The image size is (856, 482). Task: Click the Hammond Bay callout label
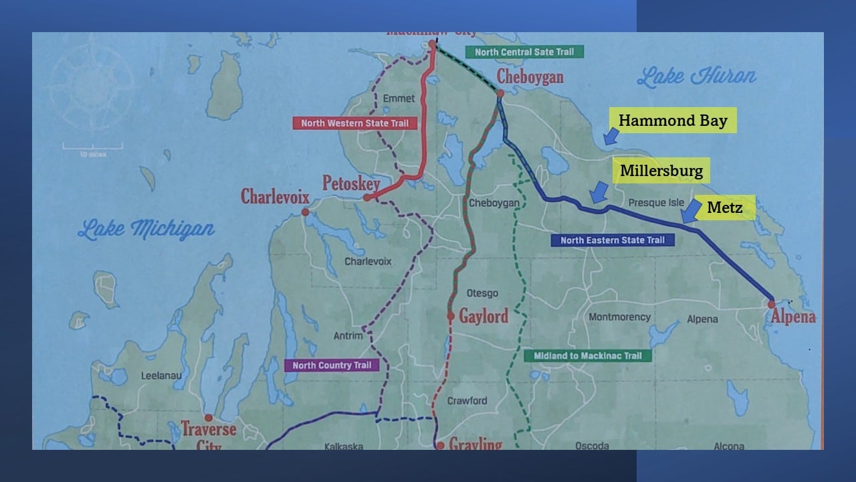[x=672, y=120]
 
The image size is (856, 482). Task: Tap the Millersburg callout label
[x=661, y=171]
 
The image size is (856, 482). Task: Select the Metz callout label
[x=724, y=208]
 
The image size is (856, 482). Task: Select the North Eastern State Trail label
[x=612, y=240]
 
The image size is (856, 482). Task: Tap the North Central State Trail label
[x=524, y=52]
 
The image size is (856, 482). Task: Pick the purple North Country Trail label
[x=332, y=365]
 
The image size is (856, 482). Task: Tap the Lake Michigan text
[x=146, y=230]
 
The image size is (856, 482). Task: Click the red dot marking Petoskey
[x=366, y=197]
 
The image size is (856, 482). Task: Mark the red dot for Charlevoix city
[x=305, y=212]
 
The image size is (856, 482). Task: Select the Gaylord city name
[x=483, y=316]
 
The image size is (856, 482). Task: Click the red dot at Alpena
[x=771, y=303]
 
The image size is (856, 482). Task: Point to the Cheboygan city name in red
[x=530, y=76]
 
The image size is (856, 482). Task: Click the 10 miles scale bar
[x=93, y=146]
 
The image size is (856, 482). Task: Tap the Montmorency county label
[x=619, y=317]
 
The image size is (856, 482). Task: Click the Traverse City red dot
[x=209, y=418]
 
